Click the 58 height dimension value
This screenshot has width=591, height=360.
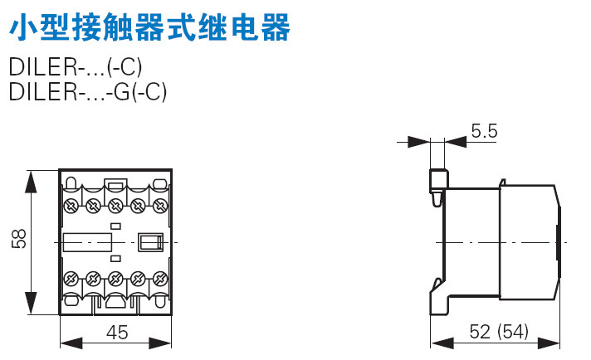[x=20, y=240]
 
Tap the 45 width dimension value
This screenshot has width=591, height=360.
[x=117, y=333]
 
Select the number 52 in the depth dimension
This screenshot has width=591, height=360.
[x=481, y=333]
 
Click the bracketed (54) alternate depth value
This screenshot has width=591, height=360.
[x=511, y=333]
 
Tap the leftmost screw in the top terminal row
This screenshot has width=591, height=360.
[x=71, y=205]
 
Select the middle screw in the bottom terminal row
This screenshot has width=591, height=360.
[x=115, y=279]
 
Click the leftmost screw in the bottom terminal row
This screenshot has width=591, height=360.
[x=71, y=279]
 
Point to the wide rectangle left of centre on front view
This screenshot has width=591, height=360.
[x=87, y=241]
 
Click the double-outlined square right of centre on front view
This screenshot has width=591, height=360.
[x=149, y=241]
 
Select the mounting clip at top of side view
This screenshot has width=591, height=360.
[x=437, y=186]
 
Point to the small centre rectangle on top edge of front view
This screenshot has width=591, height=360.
[x=115, y=187]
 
